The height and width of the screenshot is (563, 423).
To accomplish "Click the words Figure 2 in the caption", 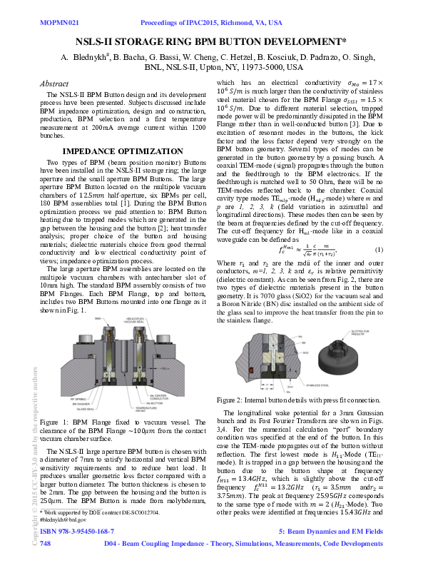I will (232, 400).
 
